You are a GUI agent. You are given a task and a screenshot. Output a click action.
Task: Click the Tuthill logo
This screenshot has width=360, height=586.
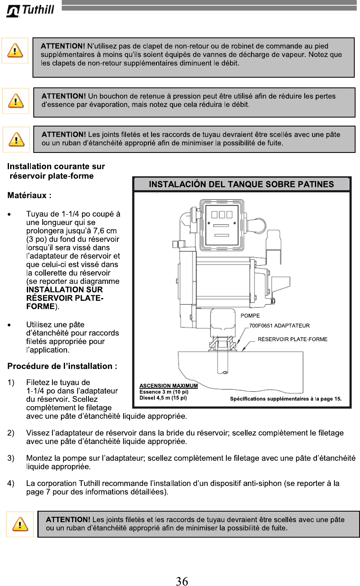pos(30,10)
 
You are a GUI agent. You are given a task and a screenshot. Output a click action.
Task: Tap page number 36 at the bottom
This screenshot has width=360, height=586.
pos(182,581)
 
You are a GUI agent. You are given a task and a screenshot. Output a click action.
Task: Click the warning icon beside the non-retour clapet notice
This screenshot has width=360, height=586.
pos(15,50)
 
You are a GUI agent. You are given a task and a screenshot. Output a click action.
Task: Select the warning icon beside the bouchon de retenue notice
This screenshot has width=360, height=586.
pos(15,101)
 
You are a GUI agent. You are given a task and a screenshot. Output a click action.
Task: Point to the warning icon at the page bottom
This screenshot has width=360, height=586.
pos(20,524)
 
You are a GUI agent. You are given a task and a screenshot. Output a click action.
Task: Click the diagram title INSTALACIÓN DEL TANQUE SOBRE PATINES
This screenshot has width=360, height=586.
pos(241,184)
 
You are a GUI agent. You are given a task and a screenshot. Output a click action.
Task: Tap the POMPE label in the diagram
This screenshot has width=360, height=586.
pos(250,316)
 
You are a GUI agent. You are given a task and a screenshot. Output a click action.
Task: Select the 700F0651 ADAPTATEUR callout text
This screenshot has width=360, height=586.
pos(279,326)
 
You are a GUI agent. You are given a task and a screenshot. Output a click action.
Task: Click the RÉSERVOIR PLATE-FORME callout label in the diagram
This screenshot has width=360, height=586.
pos(293,339)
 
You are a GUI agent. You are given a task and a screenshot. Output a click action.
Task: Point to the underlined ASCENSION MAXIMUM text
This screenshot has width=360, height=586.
pos(169,386)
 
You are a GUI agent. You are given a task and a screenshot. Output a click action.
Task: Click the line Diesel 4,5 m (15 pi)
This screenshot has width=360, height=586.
pos(163,398)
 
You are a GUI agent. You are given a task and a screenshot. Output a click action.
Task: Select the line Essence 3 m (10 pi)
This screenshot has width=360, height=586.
pos(164,392)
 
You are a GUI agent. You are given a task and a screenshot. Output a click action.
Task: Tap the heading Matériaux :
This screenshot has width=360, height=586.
pos(29,196)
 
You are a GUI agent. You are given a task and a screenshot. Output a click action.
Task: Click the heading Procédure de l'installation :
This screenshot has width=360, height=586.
pos(63,366)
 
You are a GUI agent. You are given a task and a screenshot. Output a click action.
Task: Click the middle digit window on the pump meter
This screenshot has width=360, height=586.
pos(221,214)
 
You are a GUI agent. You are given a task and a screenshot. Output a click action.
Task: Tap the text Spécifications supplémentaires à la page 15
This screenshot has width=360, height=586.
pos(286,399)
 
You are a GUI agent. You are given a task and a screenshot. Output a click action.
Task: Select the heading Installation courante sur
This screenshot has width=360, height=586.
pos(56,166)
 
